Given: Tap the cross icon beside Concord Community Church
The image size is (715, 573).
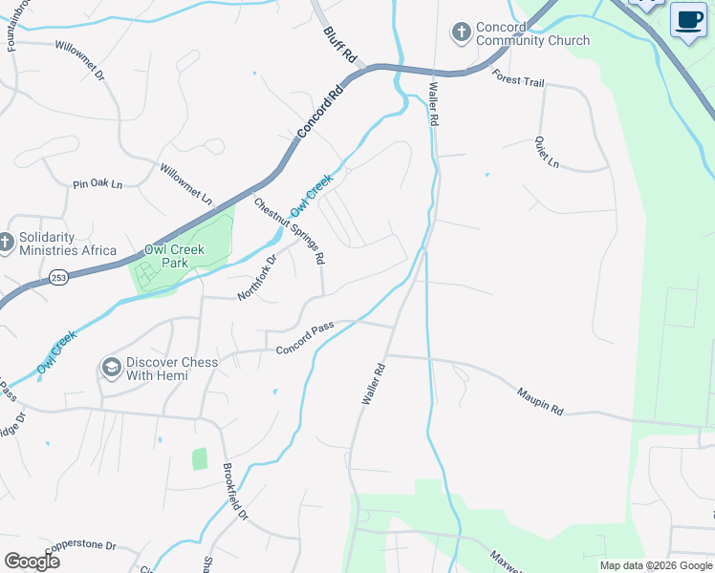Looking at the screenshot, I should [x=461, y=33].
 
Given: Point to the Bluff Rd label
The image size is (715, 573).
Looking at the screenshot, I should [x=339, y=46].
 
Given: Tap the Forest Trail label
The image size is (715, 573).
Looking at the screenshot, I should [x=519, y=81].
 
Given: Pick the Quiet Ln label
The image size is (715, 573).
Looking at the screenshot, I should [x=547, y=152].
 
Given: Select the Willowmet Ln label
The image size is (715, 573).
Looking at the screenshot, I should [x=186, y=185].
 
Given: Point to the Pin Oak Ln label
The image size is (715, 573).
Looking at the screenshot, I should [x=98, y=183].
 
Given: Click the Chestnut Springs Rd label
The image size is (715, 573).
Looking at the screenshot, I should [x=290, y=231].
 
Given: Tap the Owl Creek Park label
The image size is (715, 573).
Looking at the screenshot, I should [x=174, y=255].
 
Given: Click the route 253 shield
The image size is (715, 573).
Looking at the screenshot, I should [x=59, y=276].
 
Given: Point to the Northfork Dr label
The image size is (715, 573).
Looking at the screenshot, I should [x=256, y=277].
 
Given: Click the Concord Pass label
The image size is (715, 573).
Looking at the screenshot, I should [x=305, y=340].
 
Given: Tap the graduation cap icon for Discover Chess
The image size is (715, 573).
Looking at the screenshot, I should [x=112, y=368].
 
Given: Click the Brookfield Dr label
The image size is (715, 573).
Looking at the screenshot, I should [x=235, y=493].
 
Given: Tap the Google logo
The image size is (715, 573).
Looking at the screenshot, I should [x=32, y=562].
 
